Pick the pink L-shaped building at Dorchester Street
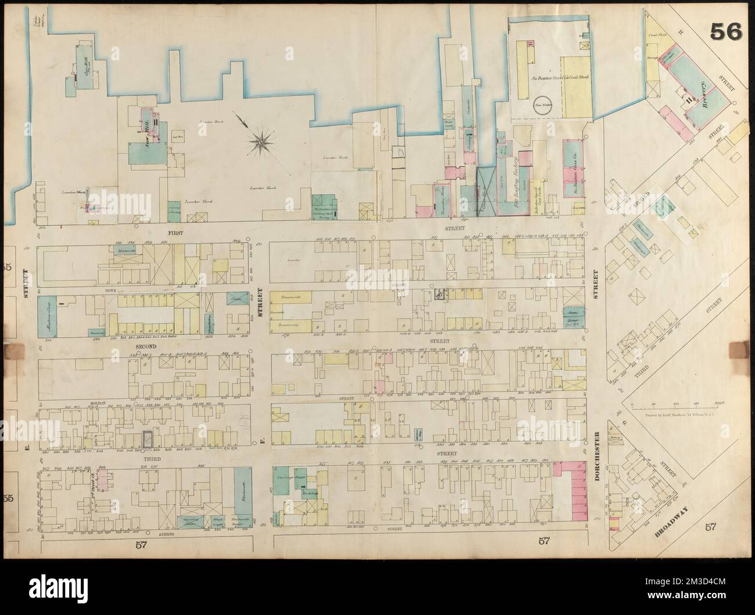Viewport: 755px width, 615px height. point(571,491)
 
